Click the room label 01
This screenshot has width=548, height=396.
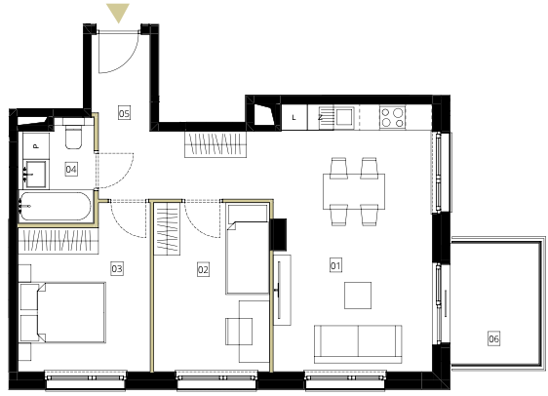coord(335,265)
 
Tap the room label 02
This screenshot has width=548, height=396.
coord(203,269)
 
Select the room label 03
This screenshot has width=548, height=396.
coord(117,268)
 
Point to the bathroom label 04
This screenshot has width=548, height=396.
coord(71,170)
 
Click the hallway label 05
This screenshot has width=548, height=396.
coord(124,113)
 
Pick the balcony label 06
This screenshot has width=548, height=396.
coord(493,338)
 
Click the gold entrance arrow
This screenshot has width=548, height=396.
coord(118,13)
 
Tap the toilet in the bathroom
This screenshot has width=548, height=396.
coord(74,134)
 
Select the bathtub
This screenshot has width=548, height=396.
coord(56,206)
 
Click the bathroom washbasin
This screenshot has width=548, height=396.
coord(34,174)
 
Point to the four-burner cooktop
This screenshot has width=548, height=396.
coord(393,117)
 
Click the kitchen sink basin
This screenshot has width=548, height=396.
coord(344,117)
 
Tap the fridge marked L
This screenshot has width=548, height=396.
coord(294,117)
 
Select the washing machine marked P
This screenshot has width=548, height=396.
coord(36,146)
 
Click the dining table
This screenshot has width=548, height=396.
coord(354,191)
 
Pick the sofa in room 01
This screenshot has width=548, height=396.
coord(358,344)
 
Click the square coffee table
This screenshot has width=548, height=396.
coord(358,296)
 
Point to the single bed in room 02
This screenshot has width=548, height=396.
coord(248,249)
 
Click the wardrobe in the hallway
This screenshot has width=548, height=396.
coord(215,144)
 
